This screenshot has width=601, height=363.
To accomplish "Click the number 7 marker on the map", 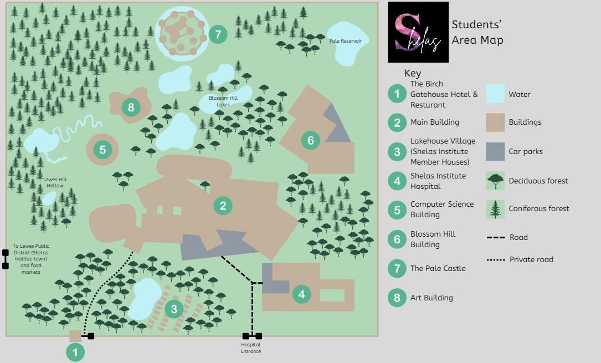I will tap(218, 34).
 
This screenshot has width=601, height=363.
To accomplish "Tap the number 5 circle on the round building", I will tap(102, 149).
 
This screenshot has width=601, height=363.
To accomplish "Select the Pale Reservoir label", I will tap(345, 41).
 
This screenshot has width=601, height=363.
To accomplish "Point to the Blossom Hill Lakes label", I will tap(219, 101).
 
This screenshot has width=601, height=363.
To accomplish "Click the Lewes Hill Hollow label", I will tap(55, 182).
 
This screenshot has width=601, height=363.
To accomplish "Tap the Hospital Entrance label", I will tap(251, 348).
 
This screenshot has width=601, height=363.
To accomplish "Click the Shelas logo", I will tap(418, 32).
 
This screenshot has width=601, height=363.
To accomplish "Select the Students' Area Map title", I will tap(477, 32).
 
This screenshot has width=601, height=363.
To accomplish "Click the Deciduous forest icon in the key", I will tap(495, 181).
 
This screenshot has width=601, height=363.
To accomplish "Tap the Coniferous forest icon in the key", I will tap(495, 209).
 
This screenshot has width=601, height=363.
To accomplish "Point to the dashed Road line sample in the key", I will tap(495, 237).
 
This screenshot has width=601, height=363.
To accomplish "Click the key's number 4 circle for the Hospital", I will tap(397, 181).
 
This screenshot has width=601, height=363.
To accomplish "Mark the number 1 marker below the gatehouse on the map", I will tap(75, 352).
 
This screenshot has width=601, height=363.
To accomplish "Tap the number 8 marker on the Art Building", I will tap(131, 107).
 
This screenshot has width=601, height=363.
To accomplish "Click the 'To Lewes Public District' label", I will tap(30, 258).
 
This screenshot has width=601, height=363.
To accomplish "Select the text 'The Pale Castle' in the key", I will tap(438, 268).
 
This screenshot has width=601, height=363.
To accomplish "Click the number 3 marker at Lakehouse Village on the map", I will tap(174, 309).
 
